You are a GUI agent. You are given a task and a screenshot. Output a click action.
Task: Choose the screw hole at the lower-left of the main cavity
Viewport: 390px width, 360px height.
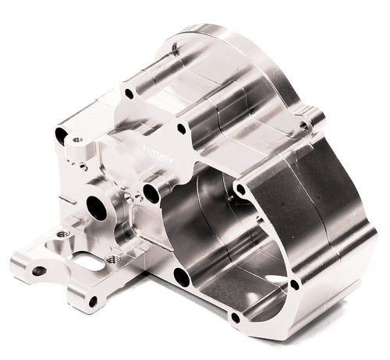[x=183, y=276]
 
